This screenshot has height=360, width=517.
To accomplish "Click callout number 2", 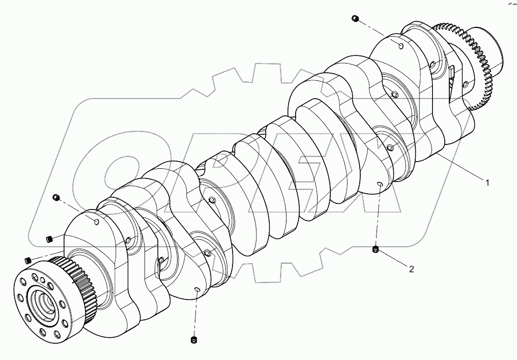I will tap(411, 269).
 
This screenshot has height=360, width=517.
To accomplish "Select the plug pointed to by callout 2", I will tap(376, 249).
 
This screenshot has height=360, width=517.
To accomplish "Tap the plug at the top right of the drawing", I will tap(356, 19).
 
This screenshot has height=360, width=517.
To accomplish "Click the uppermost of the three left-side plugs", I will tap(56, 197).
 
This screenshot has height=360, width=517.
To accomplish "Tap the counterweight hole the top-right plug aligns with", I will tap(401, 47).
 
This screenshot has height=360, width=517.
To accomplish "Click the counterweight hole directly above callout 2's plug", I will tap(379, 184).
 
